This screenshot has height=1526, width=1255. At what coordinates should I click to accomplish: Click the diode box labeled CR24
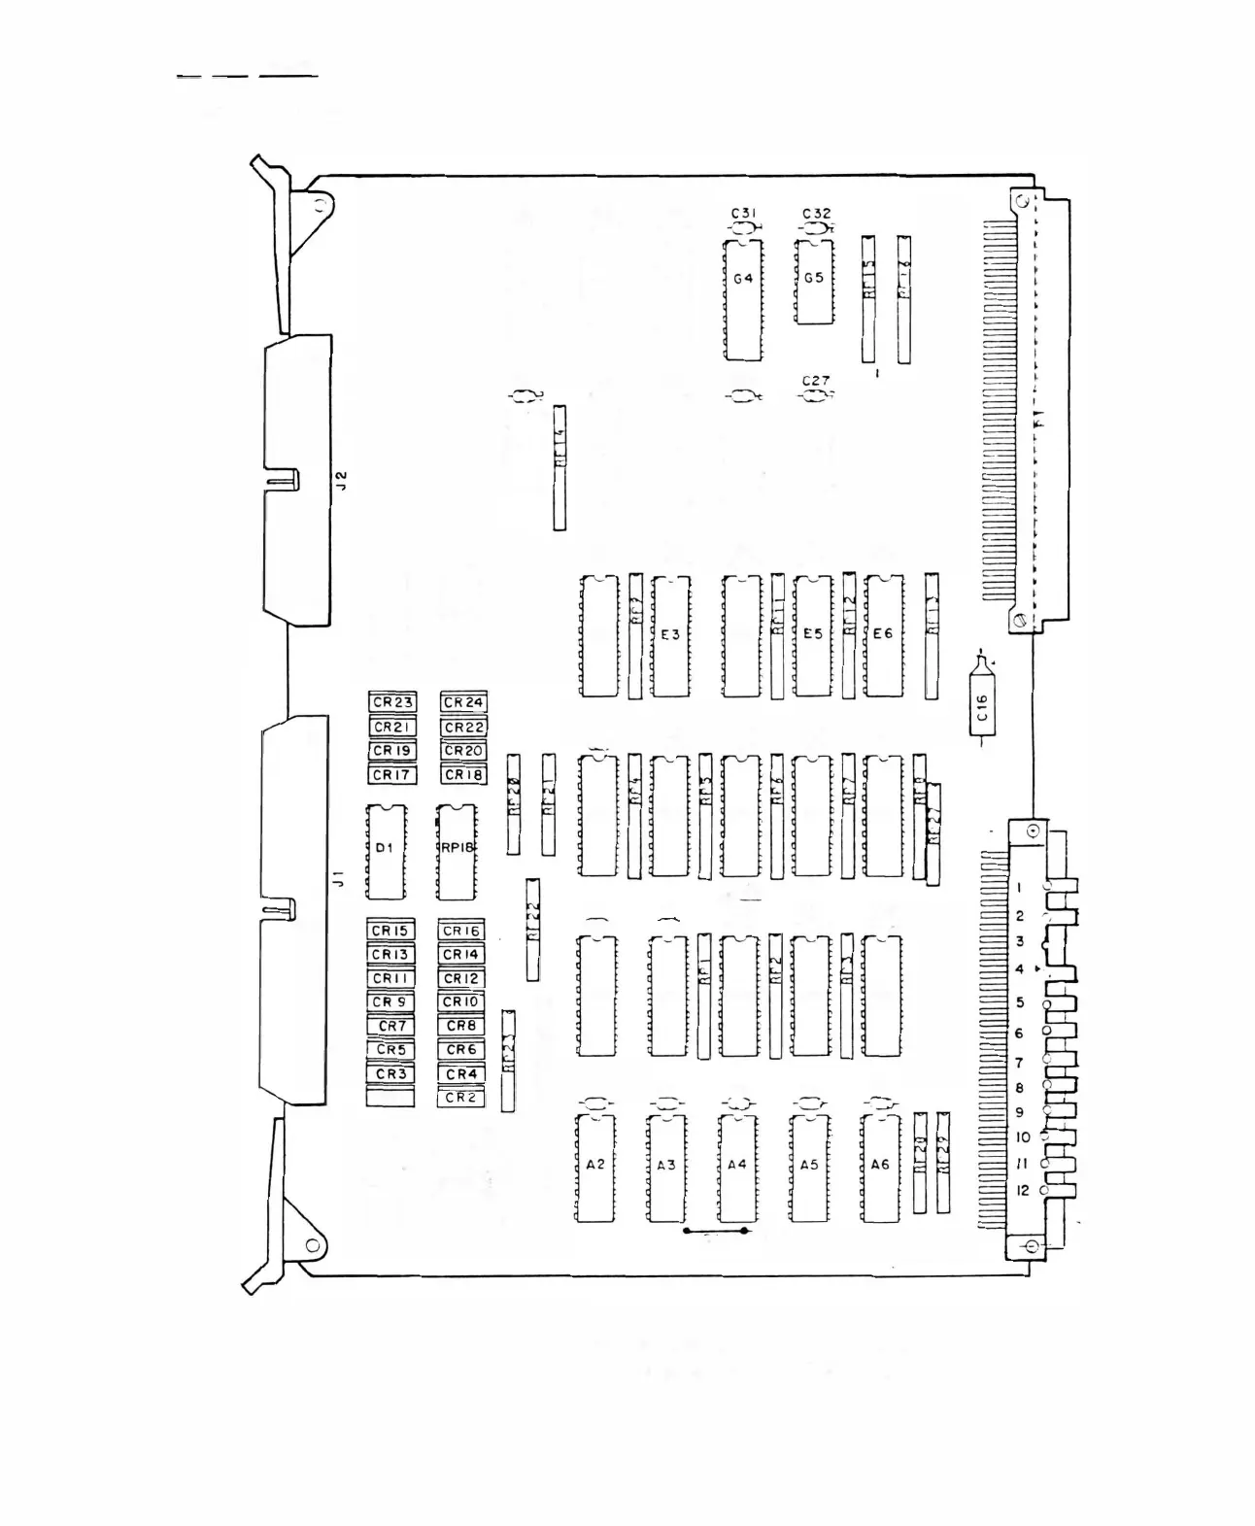point(463,702)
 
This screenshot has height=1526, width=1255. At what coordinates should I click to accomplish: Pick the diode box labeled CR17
point(392,775)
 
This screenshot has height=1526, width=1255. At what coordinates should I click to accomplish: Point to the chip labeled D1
point(386,851)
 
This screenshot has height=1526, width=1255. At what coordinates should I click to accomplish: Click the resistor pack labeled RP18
point(457,851)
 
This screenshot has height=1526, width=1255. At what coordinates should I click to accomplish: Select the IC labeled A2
point(595,1166)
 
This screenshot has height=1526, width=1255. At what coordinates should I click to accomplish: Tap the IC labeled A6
point(880,1166)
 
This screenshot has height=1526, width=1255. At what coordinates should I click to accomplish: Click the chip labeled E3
point(670,635)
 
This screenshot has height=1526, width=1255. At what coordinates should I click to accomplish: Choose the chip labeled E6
point(883,635)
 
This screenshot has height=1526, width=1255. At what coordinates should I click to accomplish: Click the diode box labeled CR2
point(461,1098)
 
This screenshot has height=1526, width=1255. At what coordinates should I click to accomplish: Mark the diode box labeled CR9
point(390,1001)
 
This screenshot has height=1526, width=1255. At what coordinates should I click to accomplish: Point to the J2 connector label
point(341,480)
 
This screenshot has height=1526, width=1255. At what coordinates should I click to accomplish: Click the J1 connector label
point(339,879)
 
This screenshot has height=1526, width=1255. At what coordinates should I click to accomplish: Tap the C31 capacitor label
point(744,213)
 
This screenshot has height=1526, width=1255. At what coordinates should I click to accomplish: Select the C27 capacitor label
point(816,381)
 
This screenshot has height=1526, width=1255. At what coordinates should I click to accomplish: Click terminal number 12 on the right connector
point(1022,1190)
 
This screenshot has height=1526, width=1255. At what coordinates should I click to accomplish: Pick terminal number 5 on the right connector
point(1020,1002)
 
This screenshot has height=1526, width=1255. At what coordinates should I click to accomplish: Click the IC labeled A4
point(737,1166)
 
